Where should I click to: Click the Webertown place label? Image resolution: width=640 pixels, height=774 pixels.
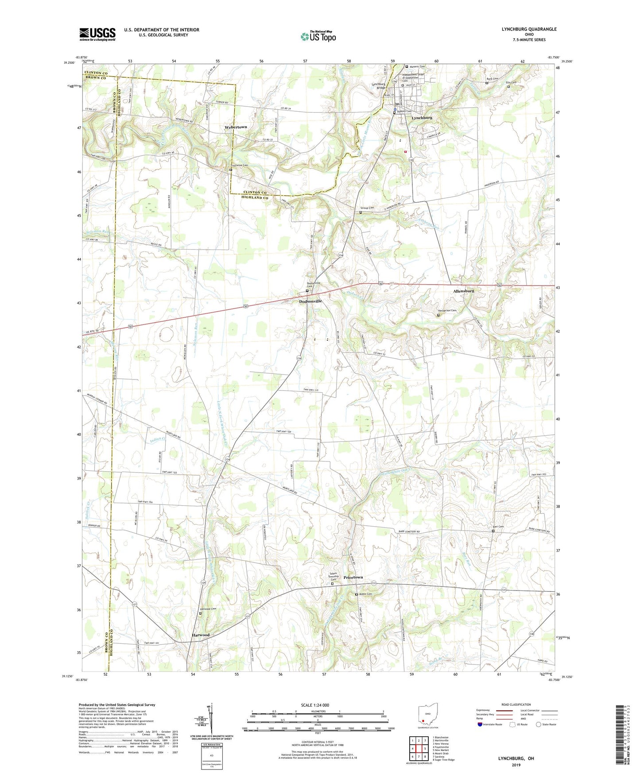tap(236, 127)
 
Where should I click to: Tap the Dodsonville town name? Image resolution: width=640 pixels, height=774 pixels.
tap(310, 301)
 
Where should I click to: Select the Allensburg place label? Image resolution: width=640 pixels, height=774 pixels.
tap(463, 291)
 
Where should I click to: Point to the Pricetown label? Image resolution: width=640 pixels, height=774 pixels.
tap(353, 577)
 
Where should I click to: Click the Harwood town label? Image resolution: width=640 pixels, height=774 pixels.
tap(201, 635)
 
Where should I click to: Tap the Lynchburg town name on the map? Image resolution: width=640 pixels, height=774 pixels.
tap(422, 118)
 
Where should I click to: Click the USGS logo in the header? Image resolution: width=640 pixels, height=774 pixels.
tap(97, 34)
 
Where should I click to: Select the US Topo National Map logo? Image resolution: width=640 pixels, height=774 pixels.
tap(318, 36)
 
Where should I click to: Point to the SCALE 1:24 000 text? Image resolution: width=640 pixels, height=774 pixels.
tap(315, 705)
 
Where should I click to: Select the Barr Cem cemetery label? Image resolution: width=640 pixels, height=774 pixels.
tap(498, 527)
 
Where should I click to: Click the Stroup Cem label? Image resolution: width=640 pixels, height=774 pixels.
tap(367, 207)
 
